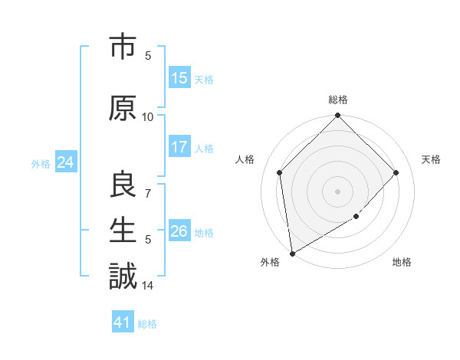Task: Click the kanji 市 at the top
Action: click(x=123, y=47)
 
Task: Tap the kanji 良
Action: click(x=123, y=185)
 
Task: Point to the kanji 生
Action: click(x=123, y=231)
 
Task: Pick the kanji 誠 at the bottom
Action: click(x=123, y=276)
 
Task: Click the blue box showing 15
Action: click(x=179, y=78)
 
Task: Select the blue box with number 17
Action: click(x=179, y=147)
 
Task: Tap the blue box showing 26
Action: click(x=179, y=231)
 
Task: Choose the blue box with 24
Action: click(x=65, y=162)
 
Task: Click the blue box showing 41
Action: click(x=123, y=322)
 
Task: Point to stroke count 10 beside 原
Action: click(x=148, y=116)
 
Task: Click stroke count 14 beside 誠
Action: click(x=148, y=286)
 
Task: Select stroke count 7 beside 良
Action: click(x=148, y=194)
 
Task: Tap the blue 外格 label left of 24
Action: click(x=41, y=163)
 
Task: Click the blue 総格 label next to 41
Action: click(x=147, y=323)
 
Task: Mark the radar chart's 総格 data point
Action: click(x=337, y=116)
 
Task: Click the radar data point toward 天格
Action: click(x=396, y=172)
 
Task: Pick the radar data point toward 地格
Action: click(x=356, y=217)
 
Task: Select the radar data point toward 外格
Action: click(x=292, y=253)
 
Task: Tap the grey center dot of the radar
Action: click(x=337, y=191)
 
